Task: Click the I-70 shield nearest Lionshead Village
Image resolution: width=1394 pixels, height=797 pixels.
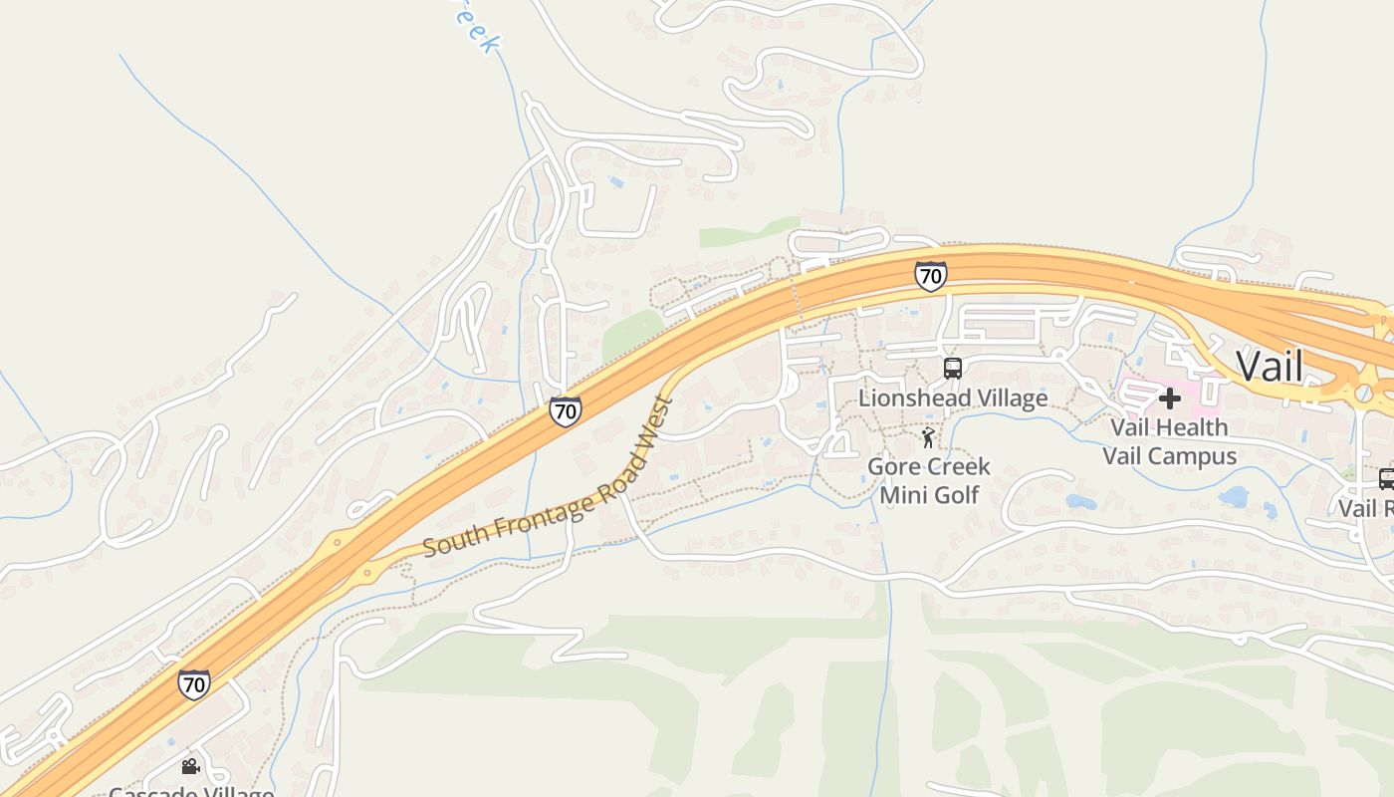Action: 930,276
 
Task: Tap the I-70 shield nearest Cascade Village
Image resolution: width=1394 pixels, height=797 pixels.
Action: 194,684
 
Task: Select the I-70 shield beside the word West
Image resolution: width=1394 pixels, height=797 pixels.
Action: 565,410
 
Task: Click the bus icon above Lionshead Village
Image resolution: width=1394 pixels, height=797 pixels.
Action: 953,369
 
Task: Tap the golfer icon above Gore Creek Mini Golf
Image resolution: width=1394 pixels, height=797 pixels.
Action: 929,437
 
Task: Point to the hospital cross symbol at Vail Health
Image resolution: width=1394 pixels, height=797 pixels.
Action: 1170,399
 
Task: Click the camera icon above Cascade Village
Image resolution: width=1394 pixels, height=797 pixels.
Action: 190,766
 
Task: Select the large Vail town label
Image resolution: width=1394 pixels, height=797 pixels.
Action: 1269,366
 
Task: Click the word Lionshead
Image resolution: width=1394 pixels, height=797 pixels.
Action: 910,398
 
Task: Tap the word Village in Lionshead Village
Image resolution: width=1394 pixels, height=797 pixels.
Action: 1007,398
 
